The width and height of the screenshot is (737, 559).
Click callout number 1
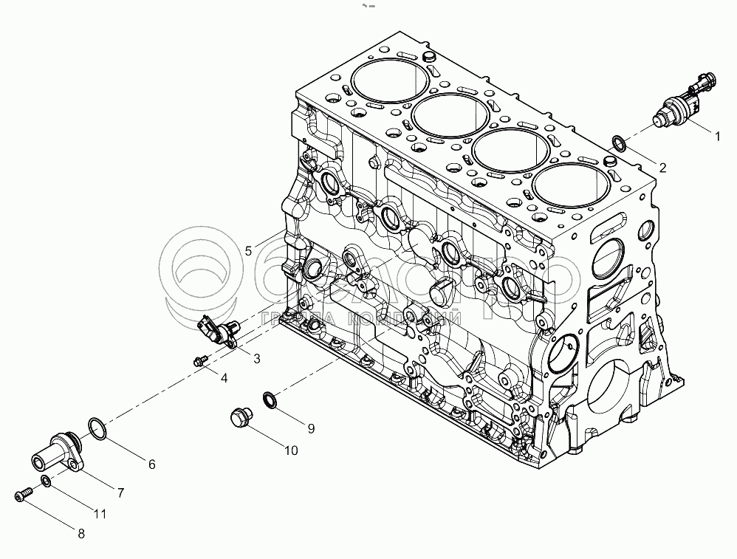tap(715, 135)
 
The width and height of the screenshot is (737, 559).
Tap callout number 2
tap(662, 168)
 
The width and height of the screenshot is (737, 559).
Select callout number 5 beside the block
tap(249, 251)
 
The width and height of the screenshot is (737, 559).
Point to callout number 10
tap(290, 450)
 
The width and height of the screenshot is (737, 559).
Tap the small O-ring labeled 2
tap(618, 142)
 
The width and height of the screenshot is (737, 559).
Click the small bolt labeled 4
tap(198, 360)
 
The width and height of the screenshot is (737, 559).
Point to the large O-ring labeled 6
tap(96, 426)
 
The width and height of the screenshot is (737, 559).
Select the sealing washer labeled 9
tap(270, 399)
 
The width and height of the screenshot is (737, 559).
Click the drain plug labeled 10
tap(239, 417)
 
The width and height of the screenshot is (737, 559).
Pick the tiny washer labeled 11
tap(47, 482)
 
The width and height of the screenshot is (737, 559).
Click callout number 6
tap(151, 464)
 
